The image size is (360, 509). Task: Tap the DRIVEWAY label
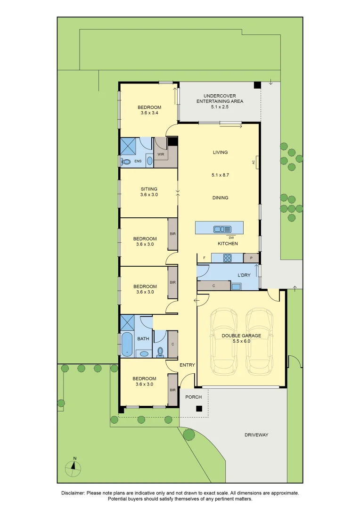pyautogui.click(x=256, y=435)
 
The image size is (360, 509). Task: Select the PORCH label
pyautogui.click(x=193, y=397)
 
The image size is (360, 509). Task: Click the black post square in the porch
pyautogui.click(x=199, y=410)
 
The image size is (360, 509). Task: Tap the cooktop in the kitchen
pyautogui.click(x=227, y=258)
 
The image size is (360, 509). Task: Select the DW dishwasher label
pyautogui.click(x=231, y=238)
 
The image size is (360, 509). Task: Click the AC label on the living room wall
pyautogui.click(x=254, y=162)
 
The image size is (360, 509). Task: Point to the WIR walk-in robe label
pyautogui.click(x=161, y=154)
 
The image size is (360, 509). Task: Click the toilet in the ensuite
pyautogui.click(x=126, y=162)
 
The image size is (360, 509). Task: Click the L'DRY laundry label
pyautogui.click(x=244, y=275)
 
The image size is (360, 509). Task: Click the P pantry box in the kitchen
pyautogui.click(x=251, y=258)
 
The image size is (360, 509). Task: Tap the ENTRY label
pyautogui.click(x=187, y=365)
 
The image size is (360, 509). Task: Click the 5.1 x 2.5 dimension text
pyautogui.click(x=220, y=107)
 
